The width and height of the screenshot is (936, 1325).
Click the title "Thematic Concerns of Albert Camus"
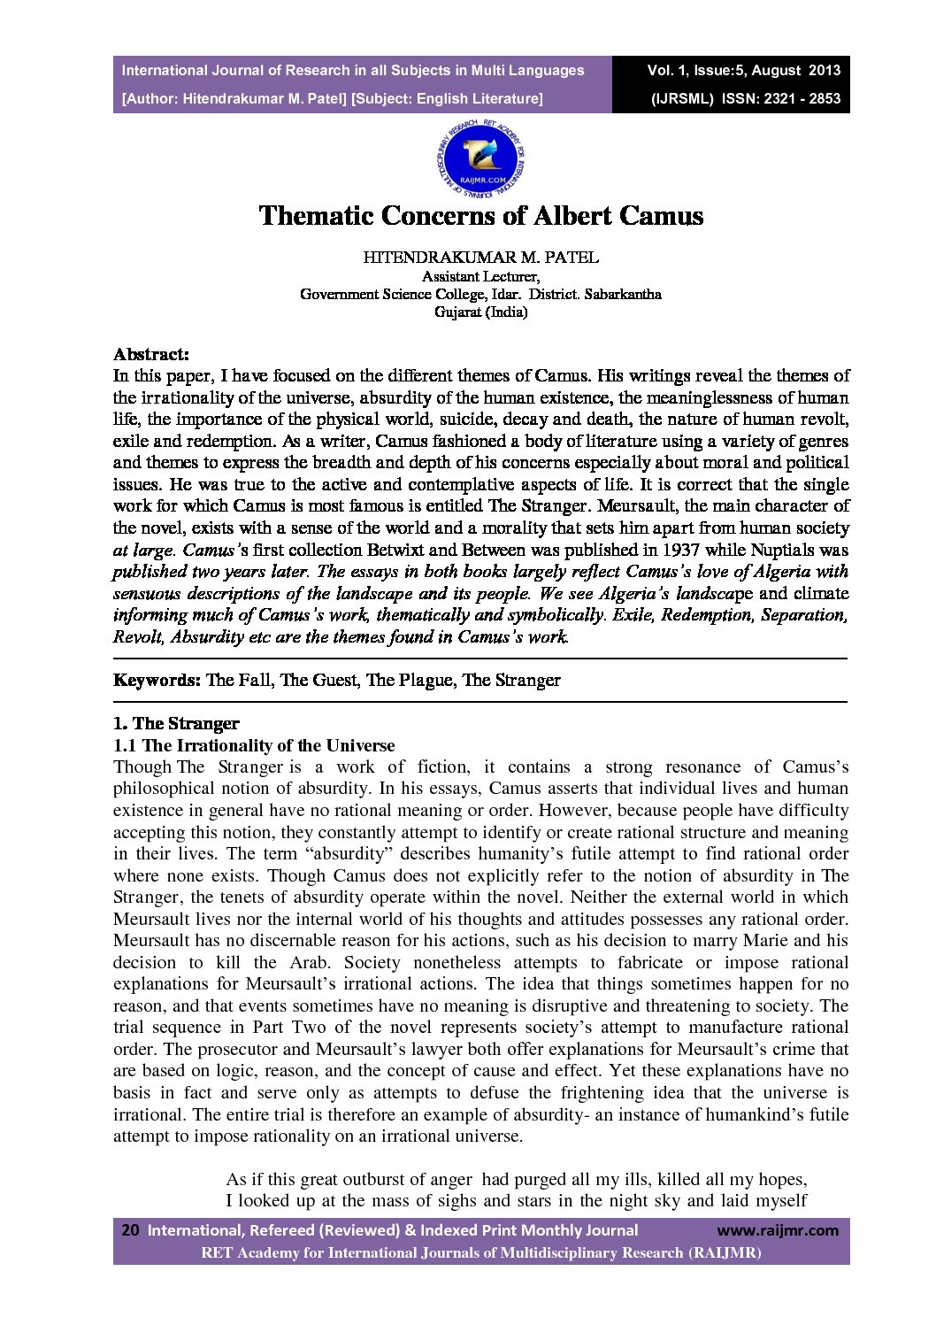click(480, 215)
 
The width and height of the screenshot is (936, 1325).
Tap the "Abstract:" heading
click(151, 354)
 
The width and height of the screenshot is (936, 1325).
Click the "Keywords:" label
click(157, 680)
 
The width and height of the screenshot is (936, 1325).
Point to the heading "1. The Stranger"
click(176, 723)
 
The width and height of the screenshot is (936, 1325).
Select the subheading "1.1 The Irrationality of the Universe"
click(254, 745)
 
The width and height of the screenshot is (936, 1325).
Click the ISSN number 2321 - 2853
click(799, 98)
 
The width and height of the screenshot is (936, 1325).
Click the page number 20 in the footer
click(130, 1229)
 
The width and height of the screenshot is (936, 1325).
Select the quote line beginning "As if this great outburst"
click(516, 1179)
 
